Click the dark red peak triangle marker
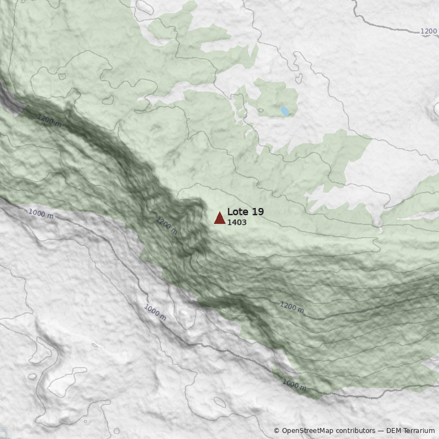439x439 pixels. pyautogui.click(x=219, y=218)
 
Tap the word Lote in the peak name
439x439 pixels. pyautogui.click(x=238, y=212)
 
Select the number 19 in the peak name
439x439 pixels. pyautogui.click(x=257, y=212)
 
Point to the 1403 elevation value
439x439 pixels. pyautogui.click(x=237, y=223)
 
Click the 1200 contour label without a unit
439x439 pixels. pyautogui.click(x=429, y=31)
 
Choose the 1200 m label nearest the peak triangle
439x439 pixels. pyautogui.click(x=167, y=226)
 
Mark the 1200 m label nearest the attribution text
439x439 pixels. pyautogui.click(x=291, y=306)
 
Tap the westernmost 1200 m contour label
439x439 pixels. pyautogui.click(x=49, y=120)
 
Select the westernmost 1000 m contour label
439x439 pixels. pyautogui.click(x=41, y=213)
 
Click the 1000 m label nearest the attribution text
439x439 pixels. pyautogui.click(x=294, y=385)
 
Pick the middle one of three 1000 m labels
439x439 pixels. pyautogui.click(x=155, y=312)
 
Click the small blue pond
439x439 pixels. pyautogui.click(x=285, y=111)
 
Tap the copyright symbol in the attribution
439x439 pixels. pyautogui.click(x=277, y=431)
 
